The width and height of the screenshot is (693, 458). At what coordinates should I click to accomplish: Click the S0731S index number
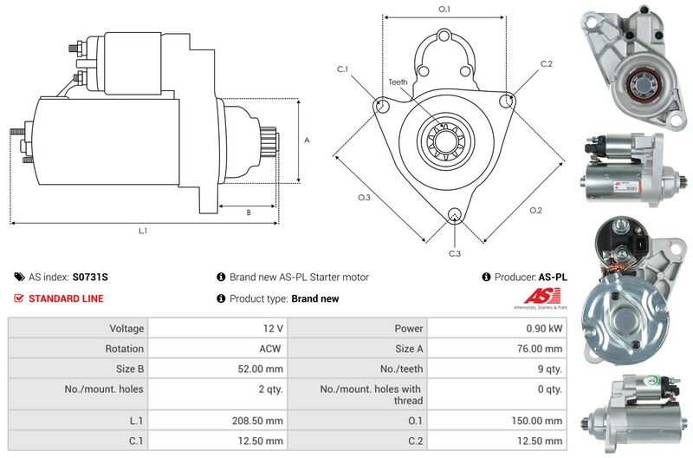[x=90, y=278]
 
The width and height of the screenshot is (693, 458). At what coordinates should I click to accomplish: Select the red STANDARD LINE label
[x=66, y=298]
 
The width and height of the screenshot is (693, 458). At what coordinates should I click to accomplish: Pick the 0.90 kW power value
[x=544, y=329]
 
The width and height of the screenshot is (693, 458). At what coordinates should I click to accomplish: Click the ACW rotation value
[x=272, y=349]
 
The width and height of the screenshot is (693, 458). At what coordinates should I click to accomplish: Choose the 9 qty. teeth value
[x=547, y=369]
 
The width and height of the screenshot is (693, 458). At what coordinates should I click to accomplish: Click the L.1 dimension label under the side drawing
[x=144, y=231]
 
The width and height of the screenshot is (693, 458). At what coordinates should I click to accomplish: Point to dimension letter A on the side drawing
[x=308, y=140]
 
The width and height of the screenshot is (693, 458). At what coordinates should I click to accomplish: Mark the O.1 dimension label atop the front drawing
[x=444, y=9]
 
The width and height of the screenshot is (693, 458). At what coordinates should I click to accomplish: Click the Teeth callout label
[x=398, y=82]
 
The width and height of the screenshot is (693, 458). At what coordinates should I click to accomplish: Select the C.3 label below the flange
[x=455, y=253]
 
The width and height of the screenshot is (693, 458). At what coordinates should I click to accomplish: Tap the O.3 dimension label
[x=365, y=197]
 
